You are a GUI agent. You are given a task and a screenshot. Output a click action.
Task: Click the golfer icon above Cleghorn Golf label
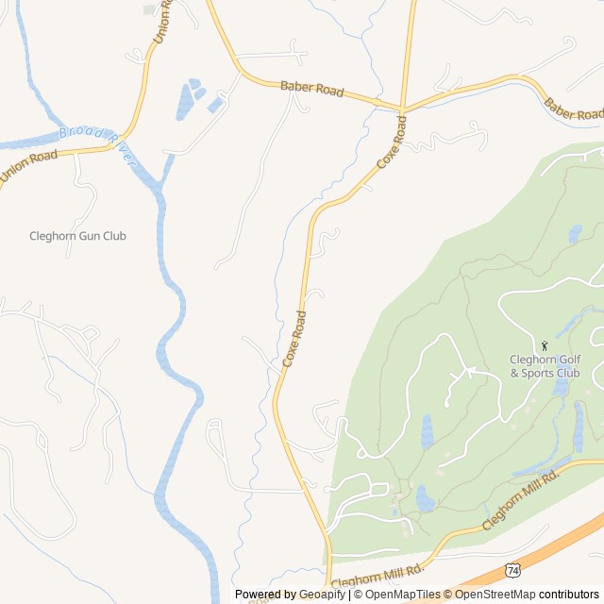545,345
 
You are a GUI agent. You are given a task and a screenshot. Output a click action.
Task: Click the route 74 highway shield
512,570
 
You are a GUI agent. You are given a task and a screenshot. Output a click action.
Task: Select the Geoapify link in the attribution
322,595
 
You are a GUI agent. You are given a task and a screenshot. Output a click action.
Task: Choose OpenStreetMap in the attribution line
495,595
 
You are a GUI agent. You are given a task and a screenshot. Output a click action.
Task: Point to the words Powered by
265,595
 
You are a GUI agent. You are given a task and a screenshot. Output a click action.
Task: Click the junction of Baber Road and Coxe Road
403,109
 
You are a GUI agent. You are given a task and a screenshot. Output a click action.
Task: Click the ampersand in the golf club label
514,373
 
